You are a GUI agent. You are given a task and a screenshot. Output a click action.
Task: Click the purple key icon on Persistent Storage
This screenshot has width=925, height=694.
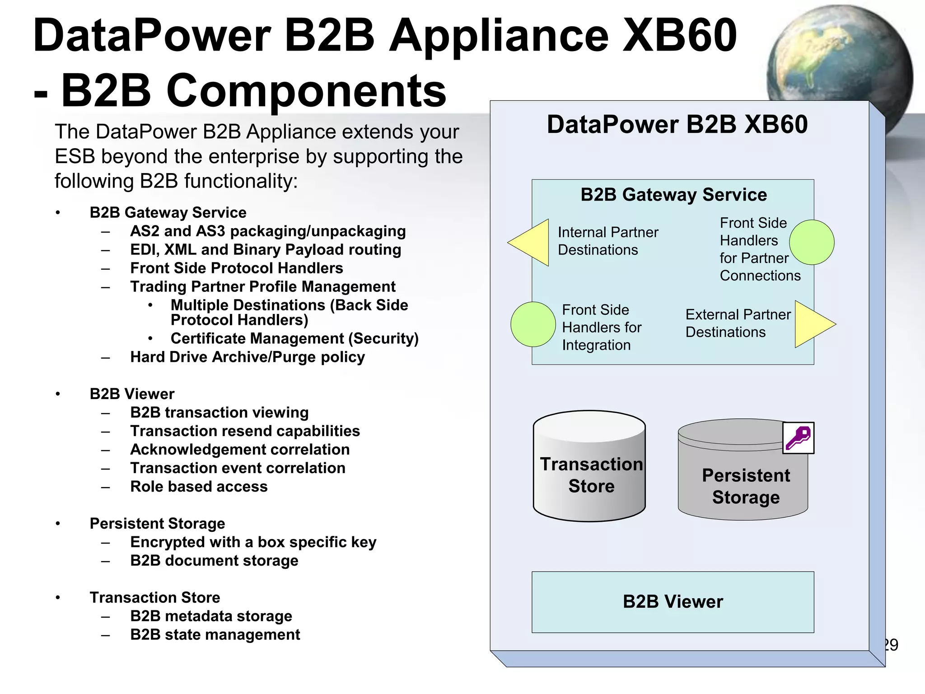[798, 438]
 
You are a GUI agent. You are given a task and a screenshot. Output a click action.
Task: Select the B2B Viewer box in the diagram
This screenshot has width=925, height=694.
[673, 602]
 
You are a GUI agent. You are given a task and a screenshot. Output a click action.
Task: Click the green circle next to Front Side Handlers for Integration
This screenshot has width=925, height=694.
[533, 324]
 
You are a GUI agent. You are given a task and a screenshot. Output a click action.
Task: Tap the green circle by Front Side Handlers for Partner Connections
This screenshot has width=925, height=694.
[812, 242]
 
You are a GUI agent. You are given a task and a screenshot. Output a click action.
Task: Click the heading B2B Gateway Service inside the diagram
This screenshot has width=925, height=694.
[673, 195]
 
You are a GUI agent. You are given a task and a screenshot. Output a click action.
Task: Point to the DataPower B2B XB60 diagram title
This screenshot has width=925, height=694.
[677, 124]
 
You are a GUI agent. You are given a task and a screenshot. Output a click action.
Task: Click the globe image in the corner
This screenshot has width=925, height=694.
[840, 54]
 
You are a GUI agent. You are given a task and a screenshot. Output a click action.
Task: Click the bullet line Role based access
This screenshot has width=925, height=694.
[199, 487]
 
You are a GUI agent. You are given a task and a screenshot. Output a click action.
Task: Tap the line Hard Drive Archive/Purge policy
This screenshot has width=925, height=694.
[247, 357]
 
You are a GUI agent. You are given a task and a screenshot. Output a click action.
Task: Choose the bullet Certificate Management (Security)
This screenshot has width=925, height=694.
[294, 338]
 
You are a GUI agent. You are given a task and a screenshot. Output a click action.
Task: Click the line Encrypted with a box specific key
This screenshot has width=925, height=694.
[253, 542]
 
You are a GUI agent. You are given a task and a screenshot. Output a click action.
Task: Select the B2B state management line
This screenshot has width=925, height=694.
[215, 634]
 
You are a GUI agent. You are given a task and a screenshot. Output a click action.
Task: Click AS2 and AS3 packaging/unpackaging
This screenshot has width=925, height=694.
[268, 231]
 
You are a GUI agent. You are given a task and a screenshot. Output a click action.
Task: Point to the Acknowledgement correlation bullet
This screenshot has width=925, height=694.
[240, 450]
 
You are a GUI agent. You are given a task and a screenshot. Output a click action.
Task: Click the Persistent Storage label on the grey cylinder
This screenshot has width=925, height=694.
[746, 486]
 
